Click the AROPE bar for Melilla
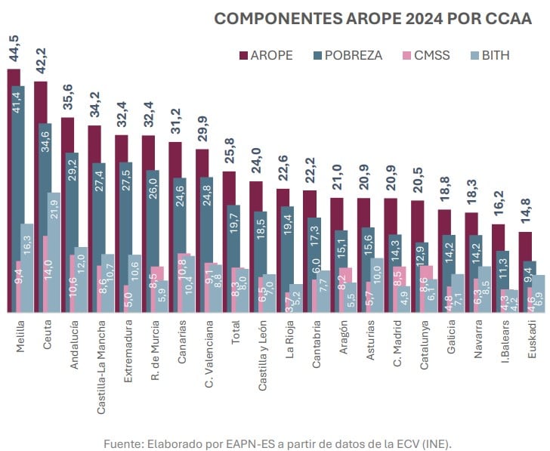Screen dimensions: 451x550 [x=12, y=189]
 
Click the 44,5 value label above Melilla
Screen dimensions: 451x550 [x=14, y=49]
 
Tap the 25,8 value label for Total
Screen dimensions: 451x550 [x=230, y=154]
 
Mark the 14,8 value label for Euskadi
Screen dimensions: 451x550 [x=526, y=214]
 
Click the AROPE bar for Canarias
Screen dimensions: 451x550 [x=175, y=227]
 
